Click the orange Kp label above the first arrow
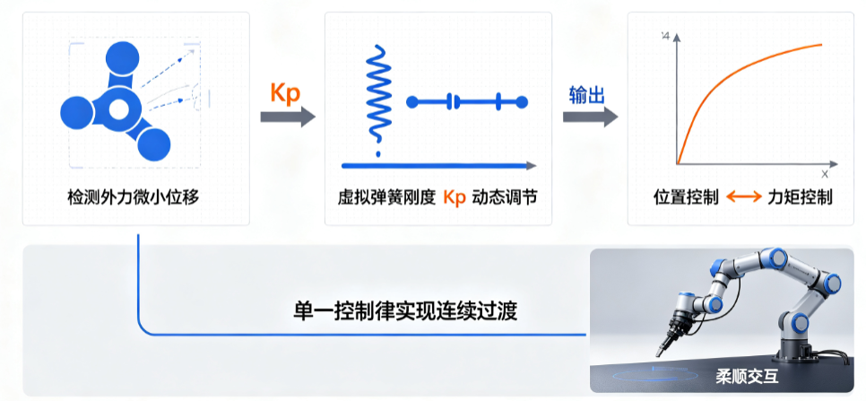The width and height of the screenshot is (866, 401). (285, 92)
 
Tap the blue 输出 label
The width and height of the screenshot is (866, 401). (586, 95)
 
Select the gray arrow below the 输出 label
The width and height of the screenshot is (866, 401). (591, 117)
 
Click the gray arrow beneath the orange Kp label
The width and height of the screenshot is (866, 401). (288, 117)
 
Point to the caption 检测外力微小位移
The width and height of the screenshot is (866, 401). (133, 197)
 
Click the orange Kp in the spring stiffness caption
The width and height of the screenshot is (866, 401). (455, 197)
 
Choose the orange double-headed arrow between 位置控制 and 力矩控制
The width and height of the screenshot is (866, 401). (743, 197)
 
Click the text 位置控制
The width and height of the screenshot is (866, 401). (686, 197)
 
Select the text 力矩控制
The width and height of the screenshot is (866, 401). (800, 197)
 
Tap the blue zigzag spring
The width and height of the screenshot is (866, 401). (377, 92)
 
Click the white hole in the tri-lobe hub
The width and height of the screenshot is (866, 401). (118, 109)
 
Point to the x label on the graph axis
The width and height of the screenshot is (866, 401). (825, 174)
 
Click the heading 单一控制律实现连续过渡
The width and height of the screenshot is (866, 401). (405, 310)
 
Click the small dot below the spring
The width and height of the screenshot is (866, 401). (377, 153)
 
